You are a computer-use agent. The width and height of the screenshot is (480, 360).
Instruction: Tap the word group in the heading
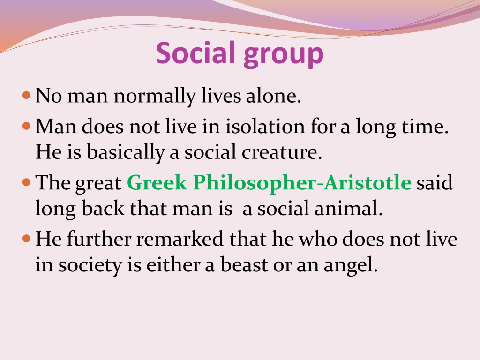click(284, 55)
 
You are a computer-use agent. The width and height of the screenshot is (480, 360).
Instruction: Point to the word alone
click(274, 96)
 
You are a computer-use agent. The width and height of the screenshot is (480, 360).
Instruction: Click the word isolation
click(265, 126)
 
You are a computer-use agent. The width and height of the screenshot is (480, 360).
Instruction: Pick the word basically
click(126, 153)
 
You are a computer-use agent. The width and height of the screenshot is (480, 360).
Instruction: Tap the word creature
click(282, 152)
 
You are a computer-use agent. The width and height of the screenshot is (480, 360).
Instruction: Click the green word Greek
click(157, 182)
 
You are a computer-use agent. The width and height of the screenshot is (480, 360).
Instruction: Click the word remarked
click(180, 239)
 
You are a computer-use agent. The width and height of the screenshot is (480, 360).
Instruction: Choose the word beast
click(244, 264)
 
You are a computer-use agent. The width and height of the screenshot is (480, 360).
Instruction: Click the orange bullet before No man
click(27, 95)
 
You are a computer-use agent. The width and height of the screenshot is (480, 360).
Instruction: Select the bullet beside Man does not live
click(27, 126)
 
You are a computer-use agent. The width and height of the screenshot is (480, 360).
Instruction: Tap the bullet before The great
click(27, 182)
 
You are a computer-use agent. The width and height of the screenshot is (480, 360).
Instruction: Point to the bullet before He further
click(27, 239)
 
